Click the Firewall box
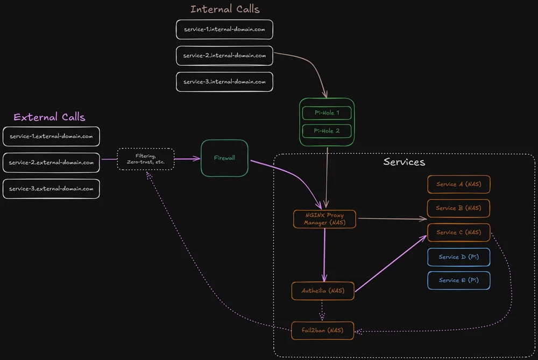[x=224, y=158]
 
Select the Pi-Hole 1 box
[x=327, y=113]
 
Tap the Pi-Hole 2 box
[x=327, y=131]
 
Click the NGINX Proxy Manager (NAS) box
[x=324, y=219]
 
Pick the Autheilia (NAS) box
[x=323, y=291]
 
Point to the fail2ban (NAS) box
[x=323, y=330]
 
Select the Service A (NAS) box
[x=458, y=184]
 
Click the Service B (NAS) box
[x=458, y=208]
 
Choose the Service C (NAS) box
[x=458, y=232]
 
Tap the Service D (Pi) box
[x=458, y=257]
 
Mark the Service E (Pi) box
[x=458, y=280]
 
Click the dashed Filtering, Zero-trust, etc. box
[x=146, y=159]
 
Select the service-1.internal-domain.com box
[x=224, y=30]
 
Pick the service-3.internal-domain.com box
[x=224, y=82]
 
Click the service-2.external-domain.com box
[x=51, y=163]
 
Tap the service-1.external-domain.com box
[x=51, y=136]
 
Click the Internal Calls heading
[x=225, y=9]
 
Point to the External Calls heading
[x=49, y=117]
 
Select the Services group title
[x=404, y=162]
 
